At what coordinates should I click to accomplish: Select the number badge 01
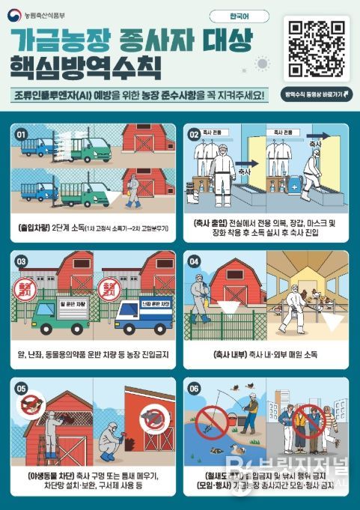pyautogui.click(x=22, y=134)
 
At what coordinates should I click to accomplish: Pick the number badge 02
pyautogui.click(x=193, y=135)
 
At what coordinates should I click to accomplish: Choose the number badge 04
pyautogui.click(x=195, y=262)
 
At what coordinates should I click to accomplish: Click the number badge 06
pyautogui.click(x=194, y=388)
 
